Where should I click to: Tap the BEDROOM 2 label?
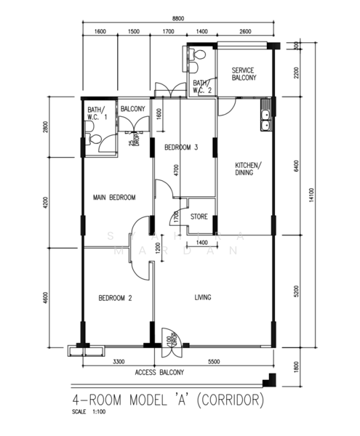(115, 297)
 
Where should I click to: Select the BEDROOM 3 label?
(181, 148)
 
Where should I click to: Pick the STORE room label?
(199, 217)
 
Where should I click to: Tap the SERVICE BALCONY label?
(242, 74)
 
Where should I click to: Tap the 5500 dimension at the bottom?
(215, 360)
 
